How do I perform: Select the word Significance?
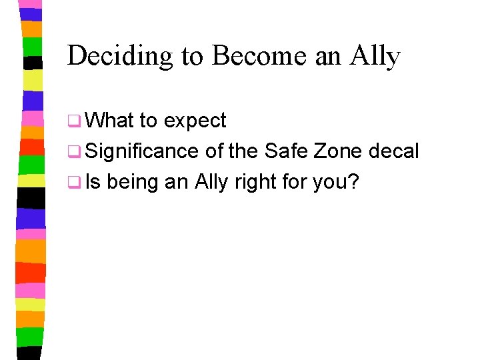click(x=141, y=152)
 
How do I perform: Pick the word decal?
click(x=395, y=151)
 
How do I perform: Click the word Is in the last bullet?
click(x=93, y=181)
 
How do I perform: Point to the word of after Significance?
click(x=214, y=151)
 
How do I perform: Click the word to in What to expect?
click(x=148, y=121)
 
